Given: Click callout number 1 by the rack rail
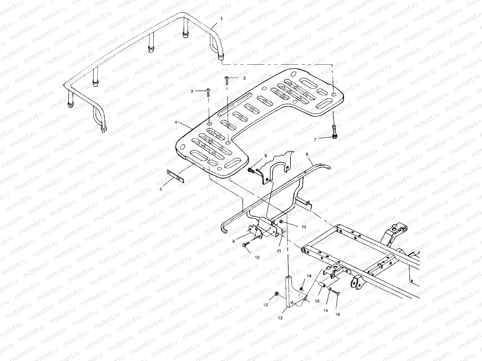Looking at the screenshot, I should [x=222, y=19].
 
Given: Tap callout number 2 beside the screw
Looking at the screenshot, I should [x=244, y=78].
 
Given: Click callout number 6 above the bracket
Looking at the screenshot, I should [x=266, y=156].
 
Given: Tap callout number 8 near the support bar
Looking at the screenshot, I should [x=307, y=154].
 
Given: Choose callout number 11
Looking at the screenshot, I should [x=279, y=250].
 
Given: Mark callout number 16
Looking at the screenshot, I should [x=337, y=314].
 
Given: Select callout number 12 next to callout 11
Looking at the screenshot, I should [x=304, y=227].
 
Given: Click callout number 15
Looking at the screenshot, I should [x=317, y=301].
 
